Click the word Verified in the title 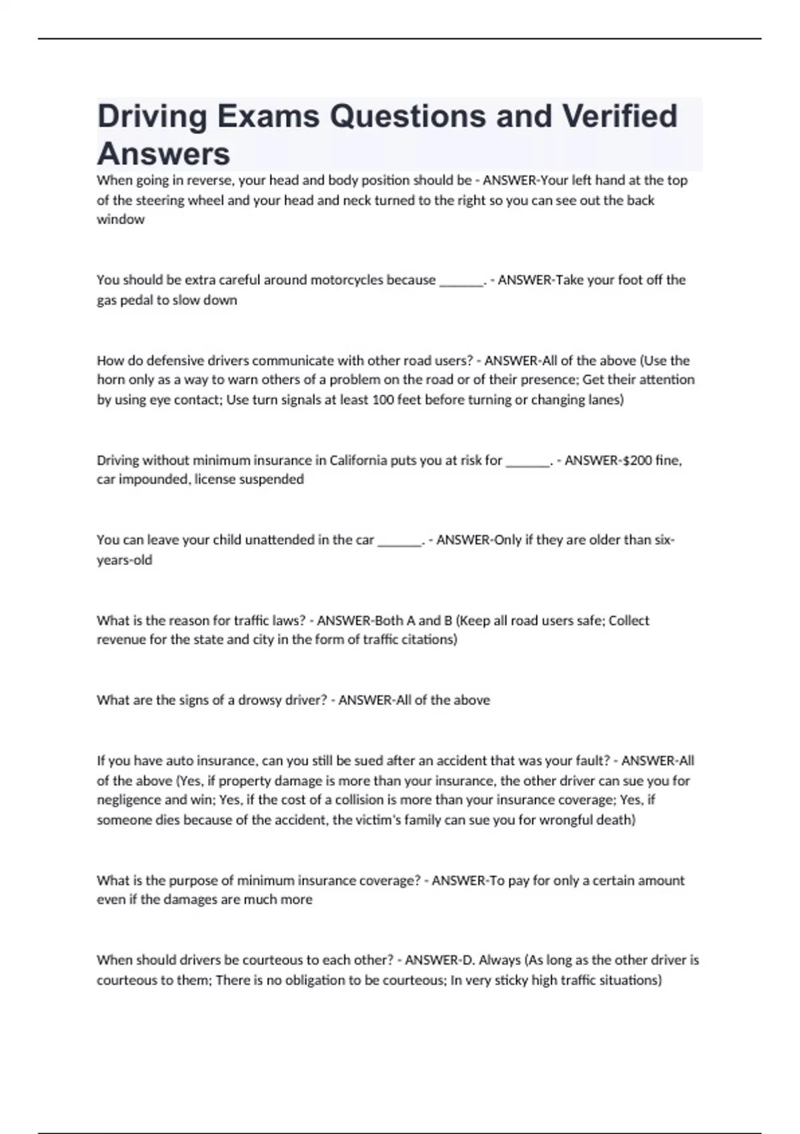pos(619,116)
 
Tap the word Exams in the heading pos(269,116)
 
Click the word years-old pos(125,560)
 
